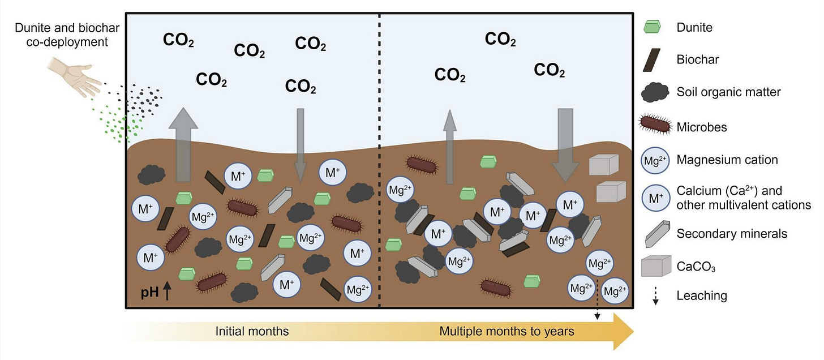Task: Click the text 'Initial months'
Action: (x=252, y=331)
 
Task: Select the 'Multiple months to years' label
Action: (x=507, y=331)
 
